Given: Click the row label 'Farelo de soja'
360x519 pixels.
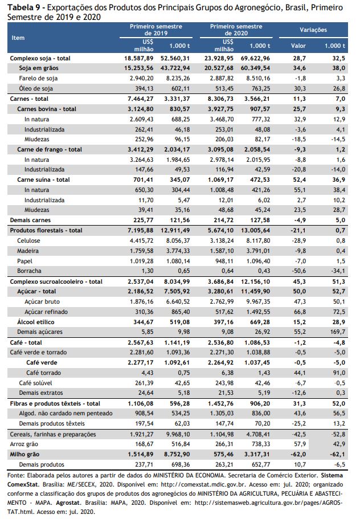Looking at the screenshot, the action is pyautogui.click(x=38, y=79).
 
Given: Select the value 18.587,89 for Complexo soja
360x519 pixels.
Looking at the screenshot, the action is pyautogui.click(x=139, y=58).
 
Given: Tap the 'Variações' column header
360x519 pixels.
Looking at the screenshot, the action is pyautogui.click(x=313, y=30).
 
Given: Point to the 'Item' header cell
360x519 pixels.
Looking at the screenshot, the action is pyautogui.click(x=18, y=38).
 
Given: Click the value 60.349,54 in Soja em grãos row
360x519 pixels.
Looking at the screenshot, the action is pyautogui.click(x=255, y=68).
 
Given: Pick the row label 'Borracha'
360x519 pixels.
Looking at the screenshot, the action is pyautogui.click(x=29, y=271).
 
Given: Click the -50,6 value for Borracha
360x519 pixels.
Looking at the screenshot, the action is pyautogui.click(x=299, y=271).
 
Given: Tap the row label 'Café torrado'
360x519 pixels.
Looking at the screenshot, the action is pyautogui.click(x=43, y=373).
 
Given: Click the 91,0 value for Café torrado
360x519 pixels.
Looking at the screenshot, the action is pyautogui.click(x=339, y=373).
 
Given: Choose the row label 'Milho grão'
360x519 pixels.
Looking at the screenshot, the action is pyautogui.click(x=24, y=455).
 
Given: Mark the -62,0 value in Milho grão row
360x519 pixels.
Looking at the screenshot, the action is pyautogui.click(x=299, y=455).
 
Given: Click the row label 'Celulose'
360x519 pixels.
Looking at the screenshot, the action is pyautogui.click(x=28, y=240).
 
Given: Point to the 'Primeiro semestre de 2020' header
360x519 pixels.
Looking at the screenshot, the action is pyautogui.click(x=236, y=30).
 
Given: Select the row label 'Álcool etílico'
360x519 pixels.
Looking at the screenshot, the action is pyautogui.click(x=36, y=322).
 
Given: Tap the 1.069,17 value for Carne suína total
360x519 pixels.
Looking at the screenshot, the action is pyautogui.click(x=220, y=179).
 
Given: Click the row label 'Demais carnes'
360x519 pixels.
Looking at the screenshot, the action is pyautogui.click(x=30, y=220).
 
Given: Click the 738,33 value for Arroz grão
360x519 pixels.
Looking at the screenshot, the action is pyautogui.click(x=260, y=444).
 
